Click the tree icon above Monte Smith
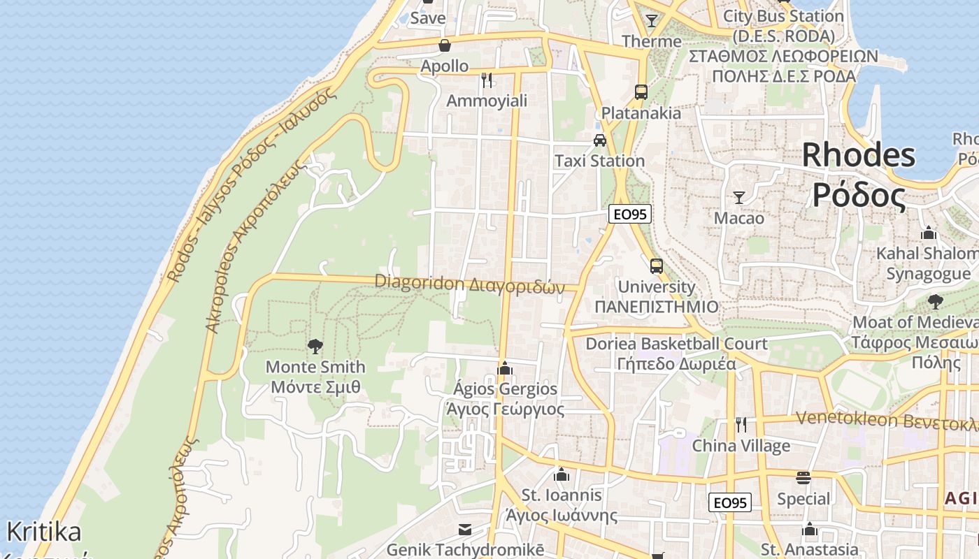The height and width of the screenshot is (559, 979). [315, 345]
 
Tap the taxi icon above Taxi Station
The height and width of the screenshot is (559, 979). [599, 140]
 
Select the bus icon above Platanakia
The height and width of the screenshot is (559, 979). [641, 92]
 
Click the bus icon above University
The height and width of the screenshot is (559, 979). [656, 266]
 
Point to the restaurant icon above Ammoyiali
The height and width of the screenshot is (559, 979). [487, 80]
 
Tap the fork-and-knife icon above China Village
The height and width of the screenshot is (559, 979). [741, 424]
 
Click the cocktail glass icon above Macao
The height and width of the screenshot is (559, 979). [738, 197]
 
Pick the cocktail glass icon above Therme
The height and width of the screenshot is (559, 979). [652, 20]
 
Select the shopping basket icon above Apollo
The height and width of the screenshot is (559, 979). [444, 46]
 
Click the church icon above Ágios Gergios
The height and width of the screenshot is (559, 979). [505, 368]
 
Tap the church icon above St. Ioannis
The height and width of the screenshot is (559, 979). [561, 475]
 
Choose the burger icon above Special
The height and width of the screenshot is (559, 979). [803, 478]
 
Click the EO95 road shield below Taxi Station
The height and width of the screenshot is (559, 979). [629, 214]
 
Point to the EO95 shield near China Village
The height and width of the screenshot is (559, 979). [731, 502]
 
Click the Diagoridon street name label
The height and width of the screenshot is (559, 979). [469, 284]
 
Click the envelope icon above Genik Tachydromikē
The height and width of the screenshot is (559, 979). [465, 529]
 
